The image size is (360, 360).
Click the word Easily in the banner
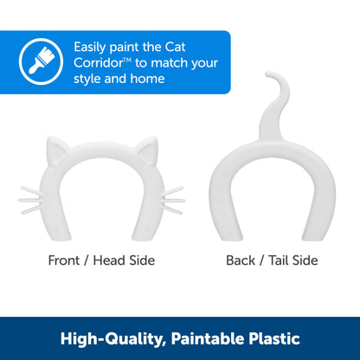pyautogui.click(x=92, y=47)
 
